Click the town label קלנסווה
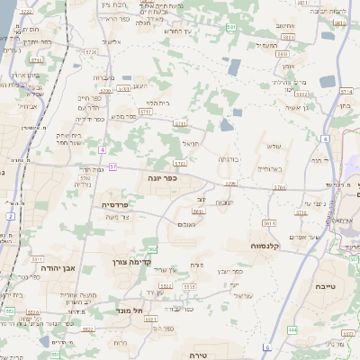click(270, 244)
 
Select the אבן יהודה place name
click(57, 267)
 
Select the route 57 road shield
click(113, 166)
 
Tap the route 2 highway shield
click(10, 216)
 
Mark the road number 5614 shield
click(267, 222)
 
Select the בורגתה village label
click(229, 157)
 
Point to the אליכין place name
click(112, 41)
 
